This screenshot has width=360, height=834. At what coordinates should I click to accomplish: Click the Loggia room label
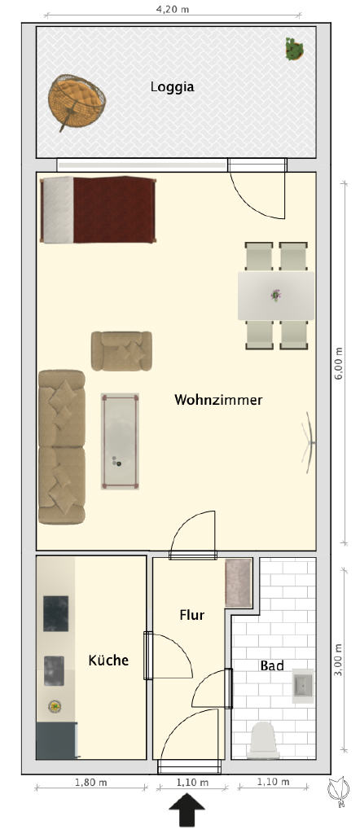(172, 87)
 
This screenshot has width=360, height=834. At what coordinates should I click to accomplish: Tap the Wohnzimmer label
(218, 400)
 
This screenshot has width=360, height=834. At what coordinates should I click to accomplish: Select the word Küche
(108, 660)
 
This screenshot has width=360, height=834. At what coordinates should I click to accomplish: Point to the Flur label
(192, 616)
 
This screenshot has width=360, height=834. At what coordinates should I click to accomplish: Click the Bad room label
(271, 665)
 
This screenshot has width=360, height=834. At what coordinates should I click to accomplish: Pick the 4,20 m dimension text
(176, 8)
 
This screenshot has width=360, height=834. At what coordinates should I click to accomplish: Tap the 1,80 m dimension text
(90, 782)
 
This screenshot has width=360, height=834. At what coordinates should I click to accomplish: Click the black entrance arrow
(187, 810)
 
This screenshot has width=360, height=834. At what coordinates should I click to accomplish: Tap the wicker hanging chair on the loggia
(76, 100)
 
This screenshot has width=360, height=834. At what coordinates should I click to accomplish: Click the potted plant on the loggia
(295, 48)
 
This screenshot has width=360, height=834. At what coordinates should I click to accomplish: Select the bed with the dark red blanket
(99, 209)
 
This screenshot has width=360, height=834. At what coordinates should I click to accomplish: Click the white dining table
(275, 296)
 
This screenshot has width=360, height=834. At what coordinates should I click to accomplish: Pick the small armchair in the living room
(122, 351)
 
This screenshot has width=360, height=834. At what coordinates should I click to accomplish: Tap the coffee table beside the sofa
(121, 441)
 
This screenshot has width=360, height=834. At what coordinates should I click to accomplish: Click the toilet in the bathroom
(264, 740)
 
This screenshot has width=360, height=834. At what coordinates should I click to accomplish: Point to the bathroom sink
(303, 687)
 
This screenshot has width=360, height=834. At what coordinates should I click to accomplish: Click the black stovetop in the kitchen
(55, 613)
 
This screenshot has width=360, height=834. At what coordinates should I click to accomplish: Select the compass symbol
(339, 790)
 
